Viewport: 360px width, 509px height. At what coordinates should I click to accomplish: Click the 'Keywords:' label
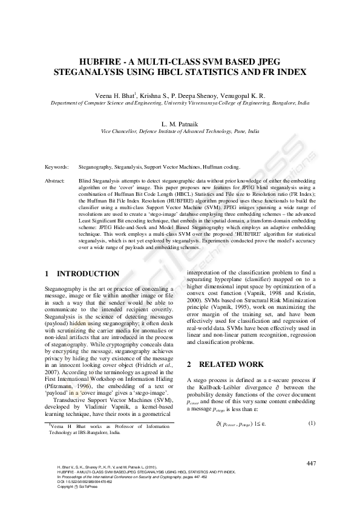point(57,166)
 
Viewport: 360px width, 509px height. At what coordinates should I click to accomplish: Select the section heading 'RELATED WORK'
point(231,365)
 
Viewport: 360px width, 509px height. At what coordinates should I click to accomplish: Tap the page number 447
point(311,463)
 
